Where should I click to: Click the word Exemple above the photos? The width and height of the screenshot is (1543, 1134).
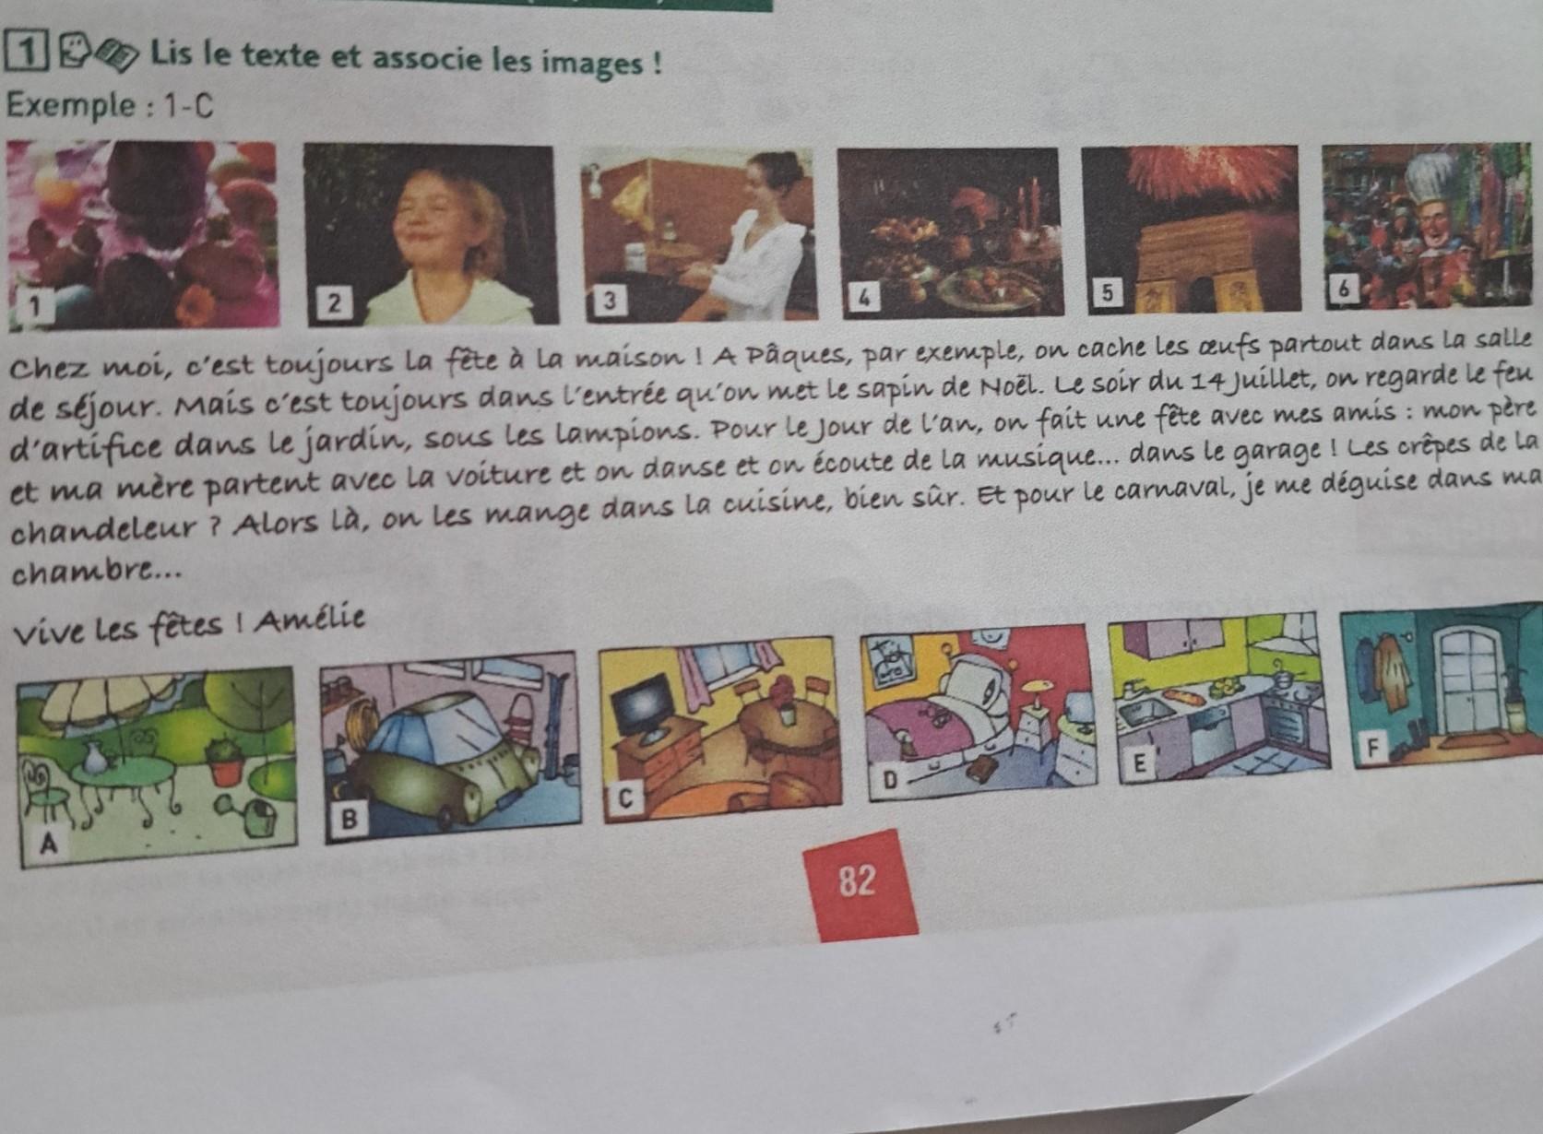coord(72,106)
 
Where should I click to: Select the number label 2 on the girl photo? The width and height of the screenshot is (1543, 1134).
coord(333,303)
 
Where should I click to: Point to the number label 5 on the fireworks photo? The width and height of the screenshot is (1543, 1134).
coord(1106,292)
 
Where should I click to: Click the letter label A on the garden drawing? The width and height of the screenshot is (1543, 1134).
coord(48,845)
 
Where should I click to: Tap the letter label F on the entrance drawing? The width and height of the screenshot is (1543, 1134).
coord(1372,750)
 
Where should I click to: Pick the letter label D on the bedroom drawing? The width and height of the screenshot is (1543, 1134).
coord(890,780)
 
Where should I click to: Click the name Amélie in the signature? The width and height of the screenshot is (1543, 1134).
coord(309,620)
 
